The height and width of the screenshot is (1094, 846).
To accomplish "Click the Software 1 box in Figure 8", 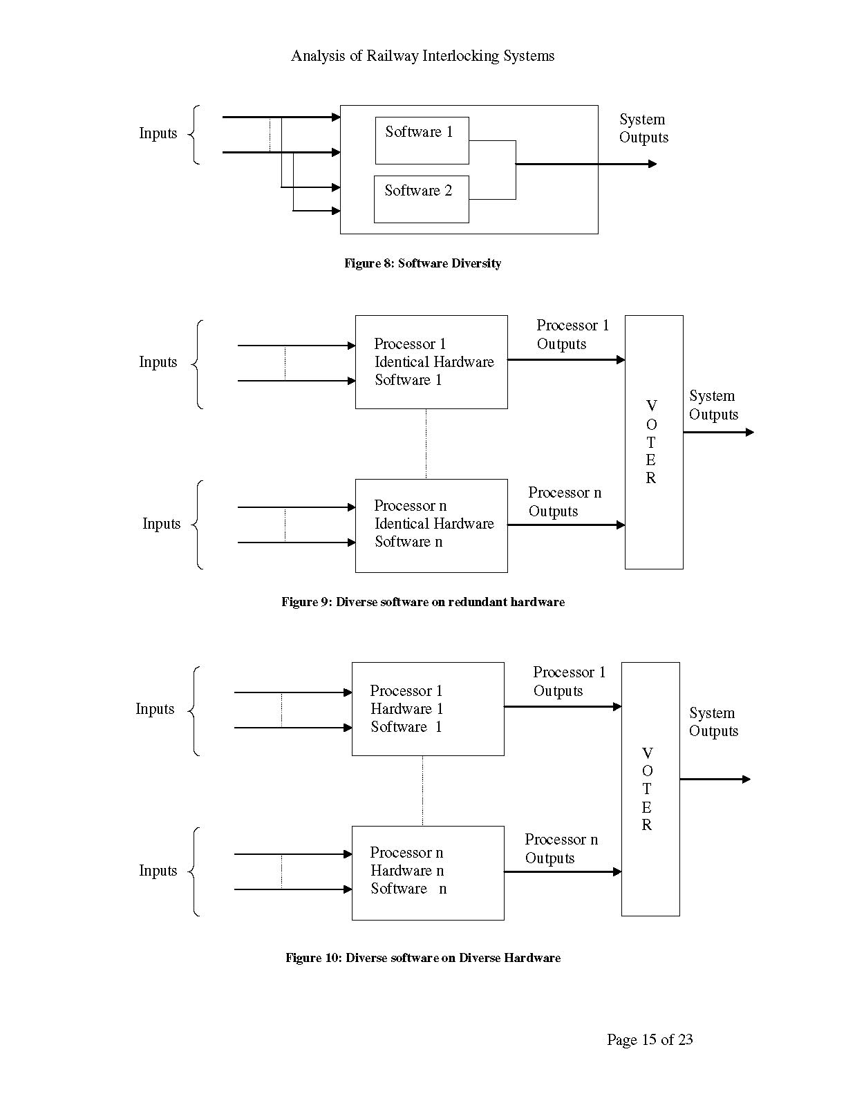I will (x=422, y=140).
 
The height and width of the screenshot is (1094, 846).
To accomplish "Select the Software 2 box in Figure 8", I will (x=421, y=199).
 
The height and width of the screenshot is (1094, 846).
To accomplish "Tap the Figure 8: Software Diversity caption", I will (x=422, y=263).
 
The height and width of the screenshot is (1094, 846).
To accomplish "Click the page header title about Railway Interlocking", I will (x=422, y=56).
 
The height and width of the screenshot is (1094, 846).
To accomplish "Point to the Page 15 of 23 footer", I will (x=649, y=1039).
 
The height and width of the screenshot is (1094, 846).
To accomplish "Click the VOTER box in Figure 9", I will (x=653, y=442).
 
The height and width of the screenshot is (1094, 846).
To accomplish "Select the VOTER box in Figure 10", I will (x=650, y=789).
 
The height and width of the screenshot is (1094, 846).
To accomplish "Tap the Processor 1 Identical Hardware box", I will (x=431, y=362).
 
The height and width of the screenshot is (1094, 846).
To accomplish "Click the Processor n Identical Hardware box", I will (x=431, y=525).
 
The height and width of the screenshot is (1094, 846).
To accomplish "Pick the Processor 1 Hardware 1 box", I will (x=428, y=709).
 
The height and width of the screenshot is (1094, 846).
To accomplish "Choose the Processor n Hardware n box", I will (x=428, y=872).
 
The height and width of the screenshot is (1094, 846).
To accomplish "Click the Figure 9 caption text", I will (x=422, y=602).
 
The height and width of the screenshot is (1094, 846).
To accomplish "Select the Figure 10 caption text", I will (x=422, y=958).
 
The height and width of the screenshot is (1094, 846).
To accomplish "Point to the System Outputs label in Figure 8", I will (x=643, y=129).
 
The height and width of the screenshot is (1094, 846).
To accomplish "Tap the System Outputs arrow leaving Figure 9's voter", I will (x=719, y=433).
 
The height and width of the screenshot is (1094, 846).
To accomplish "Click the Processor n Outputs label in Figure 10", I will (x=561, y=849).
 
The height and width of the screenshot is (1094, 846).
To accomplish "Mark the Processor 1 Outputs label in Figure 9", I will (x=572, y=334).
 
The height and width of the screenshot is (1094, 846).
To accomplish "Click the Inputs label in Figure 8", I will (x=158, y=133).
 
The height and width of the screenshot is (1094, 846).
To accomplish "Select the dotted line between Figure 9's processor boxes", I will (x=426, y=444).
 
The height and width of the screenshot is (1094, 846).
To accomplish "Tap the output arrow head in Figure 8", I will (x=652, y=164).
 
